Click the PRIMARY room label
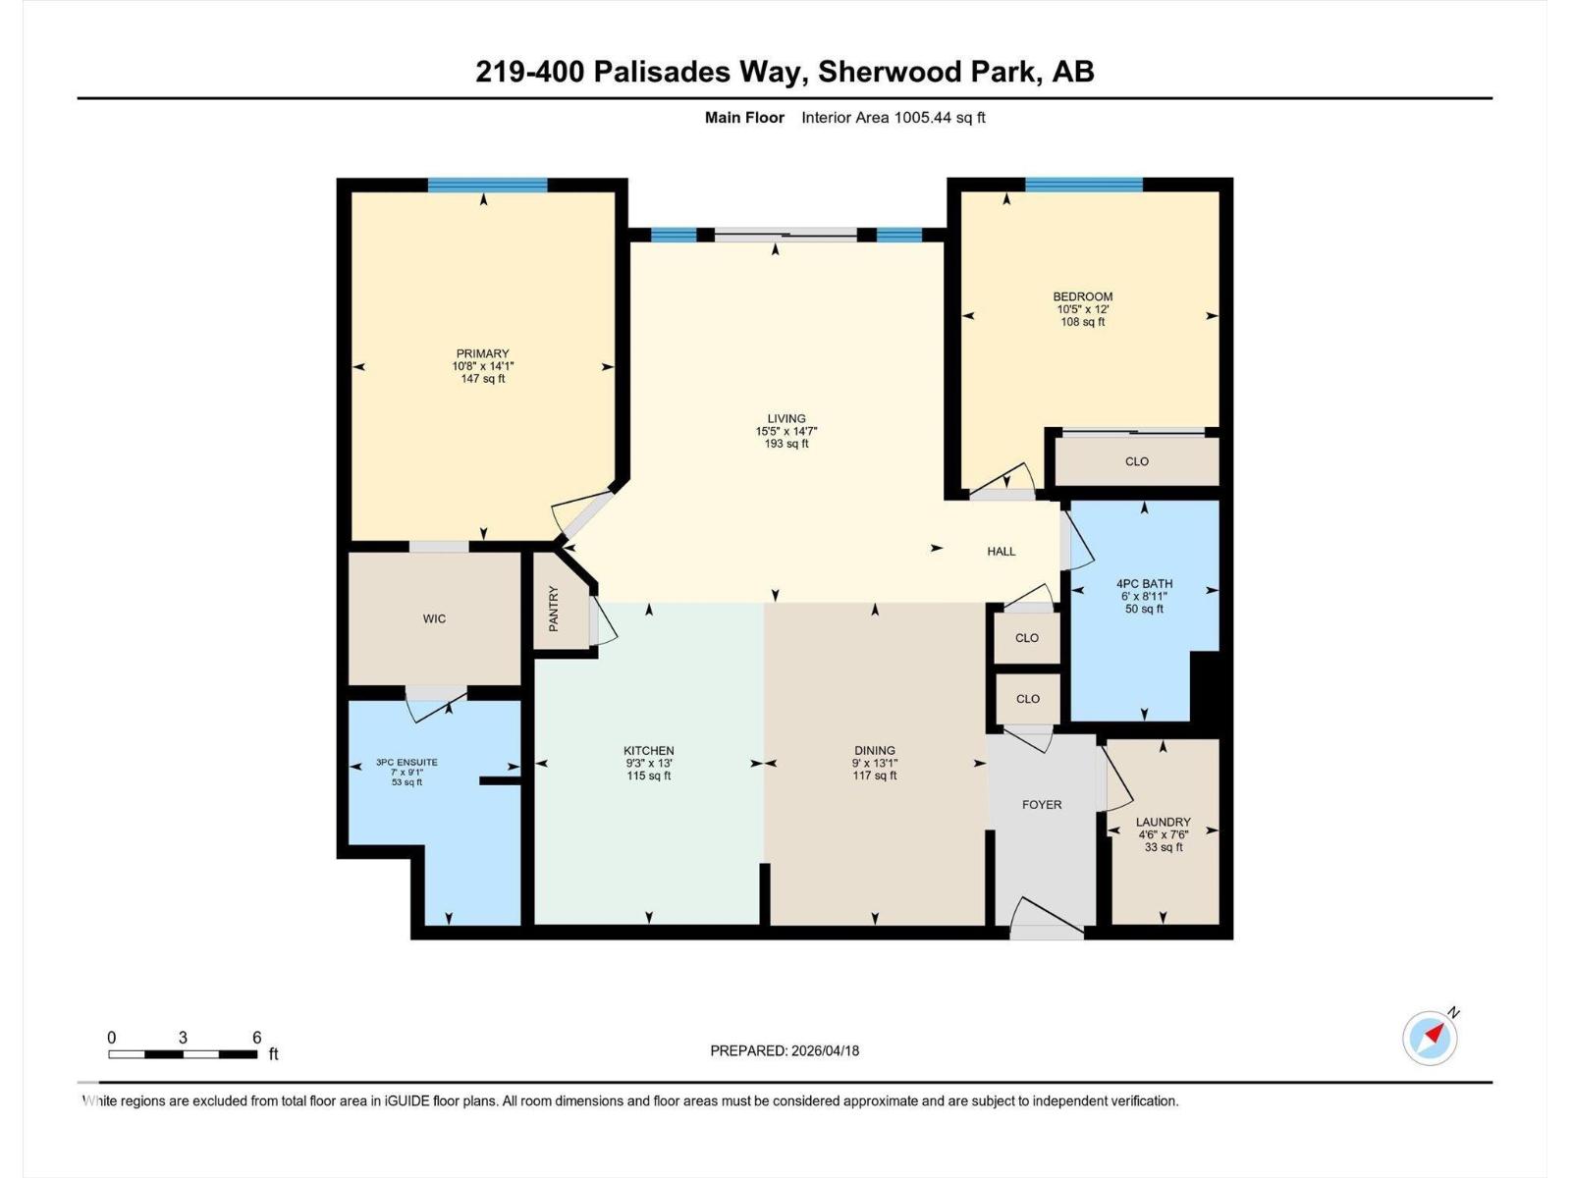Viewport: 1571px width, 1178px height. coord(482,353)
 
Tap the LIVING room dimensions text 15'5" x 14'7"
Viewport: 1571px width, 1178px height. coord(786,431)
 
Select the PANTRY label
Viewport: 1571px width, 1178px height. coord(554,609)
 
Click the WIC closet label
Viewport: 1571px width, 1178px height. coord(434,618)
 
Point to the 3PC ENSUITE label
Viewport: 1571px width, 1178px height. coord(406,762)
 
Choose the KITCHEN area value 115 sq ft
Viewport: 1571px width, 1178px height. coord(649,776)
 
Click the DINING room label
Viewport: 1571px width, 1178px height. coord(874,750)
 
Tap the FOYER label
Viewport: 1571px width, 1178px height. coord(1042,804)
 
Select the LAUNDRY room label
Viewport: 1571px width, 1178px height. coord(1163,822)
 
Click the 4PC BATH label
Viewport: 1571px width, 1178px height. coord(1144,583)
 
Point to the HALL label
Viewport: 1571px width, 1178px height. coord(1002,551)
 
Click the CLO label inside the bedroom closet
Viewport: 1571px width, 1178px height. coord(1137,461)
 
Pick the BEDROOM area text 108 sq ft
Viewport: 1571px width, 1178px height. coord(1083,321)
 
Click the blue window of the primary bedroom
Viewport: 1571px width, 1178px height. coord(487,185)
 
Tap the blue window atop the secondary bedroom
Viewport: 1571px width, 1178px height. coord(1084,185)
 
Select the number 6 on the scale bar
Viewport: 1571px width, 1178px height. coord(256,1038)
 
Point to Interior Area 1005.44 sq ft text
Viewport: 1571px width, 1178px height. coord(893,118)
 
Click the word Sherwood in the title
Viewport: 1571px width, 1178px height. coord(889,72)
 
